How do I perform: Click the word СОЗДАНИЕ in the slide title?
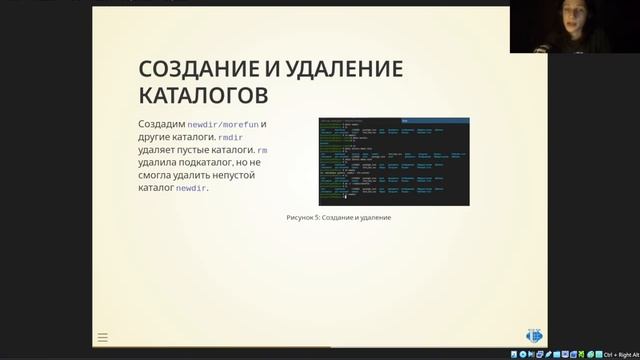(196, 69)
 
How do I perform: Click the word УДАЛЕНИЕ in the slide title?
(338, 69)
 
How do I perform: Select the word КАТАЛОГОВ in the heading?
(203, 95)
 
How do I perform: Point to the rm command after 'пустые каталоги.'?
(262, 150)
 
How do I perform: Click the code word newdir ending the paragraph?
(190, 188)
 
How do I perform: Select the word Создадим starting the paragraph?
(161, 124)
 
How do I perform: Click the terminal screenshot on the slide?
(393, 161)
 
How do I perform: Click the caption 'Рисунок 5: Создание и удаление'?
(337, 217)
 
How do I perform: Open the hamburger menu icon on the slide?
(102, 338)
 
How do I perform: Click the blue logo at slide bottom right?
(533, 336)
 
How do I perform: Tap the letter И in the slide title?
(271, 69)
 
